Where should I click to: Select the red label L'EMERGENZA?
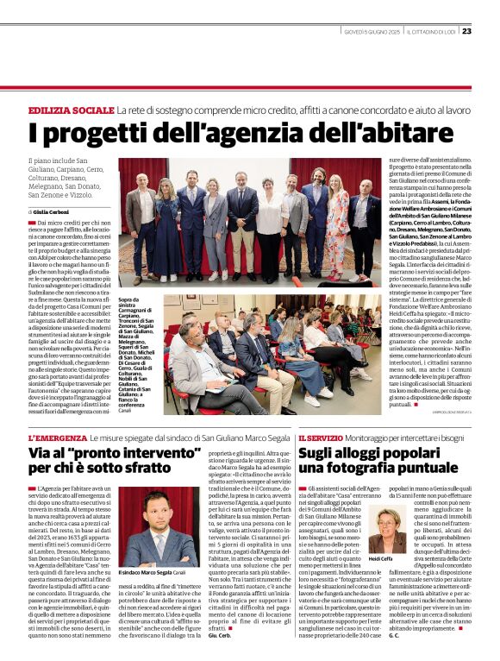(x=59, y=438)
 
